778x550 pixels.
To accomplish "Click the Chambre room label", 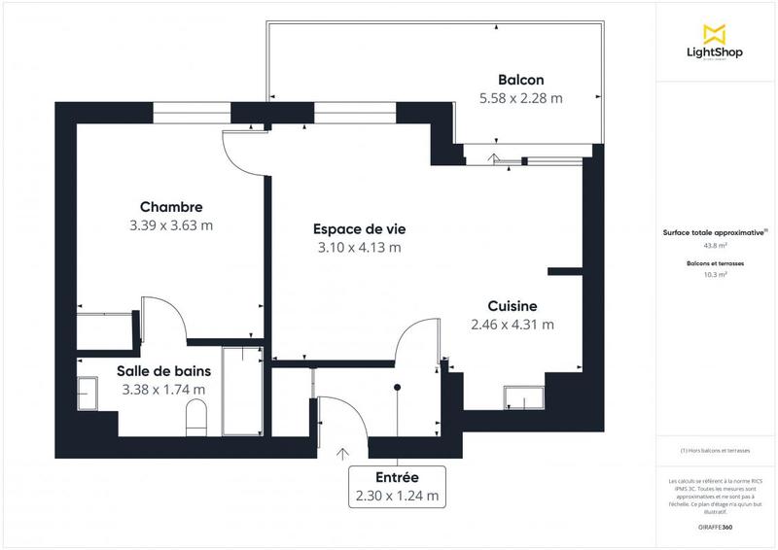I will [170, 207].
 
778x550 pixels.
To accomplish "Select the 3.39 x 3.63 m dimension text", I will [170, 225].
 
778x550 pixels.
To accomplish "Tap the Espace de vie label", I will [359, 228].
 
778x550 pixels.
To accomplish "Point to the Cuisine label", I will [513, 306].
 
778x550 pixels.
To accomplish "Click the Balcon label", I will [520, 80].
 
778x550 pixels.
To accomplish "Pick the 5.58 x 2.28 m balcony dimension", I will [520, 98].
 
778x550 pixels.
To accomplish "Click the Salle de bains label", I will [163, 370].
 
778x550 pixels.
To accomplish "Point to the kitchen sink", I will [526, 397].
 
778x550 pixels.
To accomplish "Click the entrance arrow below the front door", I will [342, 453].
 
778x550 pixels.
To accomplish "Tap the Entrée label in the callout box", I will [397, 478].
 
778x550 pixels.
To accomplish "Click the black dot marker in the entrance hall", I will [397, 388].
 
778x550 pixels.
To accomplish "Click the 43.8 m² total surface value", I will [715, 246].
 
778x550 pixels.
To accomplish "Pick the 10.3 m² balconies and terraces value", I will [715, 275].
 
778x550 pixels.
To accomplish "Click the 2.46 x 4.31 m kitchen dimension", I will [513, 325].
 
